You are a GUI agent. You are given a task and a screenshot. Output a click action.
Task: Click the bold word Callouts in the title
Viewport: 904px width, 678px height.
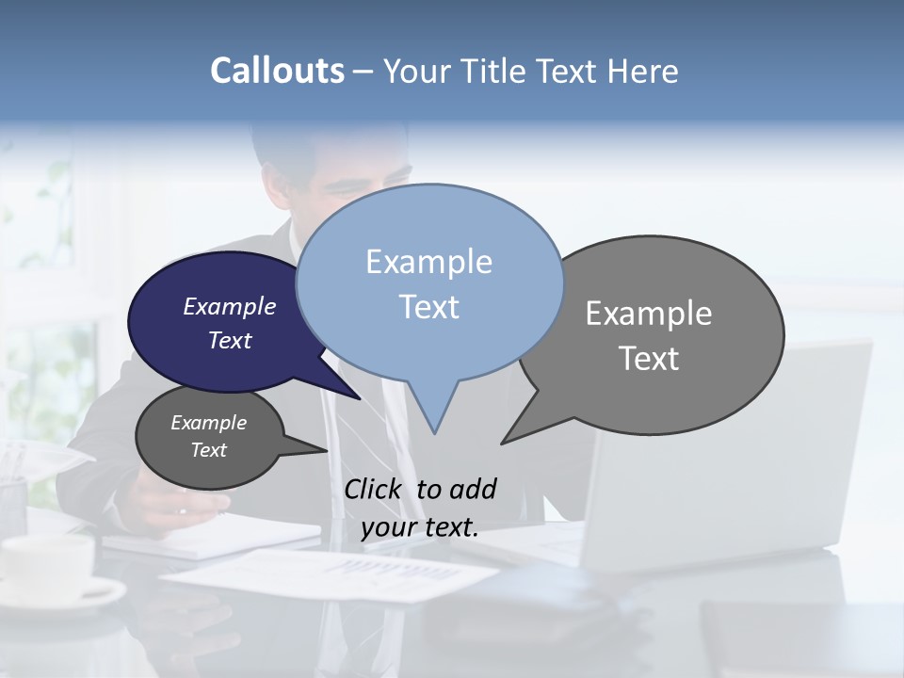click(x=277, y=71)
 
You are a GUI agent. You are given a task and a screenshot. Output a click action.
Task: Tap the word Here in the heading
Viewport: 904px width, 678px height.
click(x=644, y=71)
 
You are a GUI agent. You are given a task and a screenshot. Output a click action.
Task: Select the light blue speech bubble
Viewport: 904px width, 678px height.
click(x=429, y=282)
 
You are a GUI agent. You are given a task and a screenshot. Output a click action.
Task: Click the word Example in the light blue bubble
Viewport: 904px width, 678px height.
click(x=428, y=262)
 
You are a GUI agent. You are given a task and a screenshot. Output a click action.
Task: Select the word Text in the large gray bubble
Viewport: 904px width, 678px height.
click(x=649, y=359)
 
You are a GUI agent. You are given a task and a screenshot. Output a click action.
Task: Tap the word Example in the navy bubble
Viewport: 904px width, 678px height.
click(x=229, y=307)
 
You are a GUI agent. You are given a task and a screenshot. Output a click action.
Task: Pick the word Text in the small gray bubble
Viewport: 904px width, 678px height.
click(x=208, y=450)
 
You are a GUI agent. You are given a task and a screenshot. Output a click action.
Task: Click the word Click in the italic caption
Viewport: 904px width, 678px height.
click(x=374, y=490)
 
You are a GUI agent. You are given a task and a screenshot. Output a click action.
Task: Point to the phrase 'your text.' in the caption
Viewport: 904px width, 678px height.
click(x=419, y=527)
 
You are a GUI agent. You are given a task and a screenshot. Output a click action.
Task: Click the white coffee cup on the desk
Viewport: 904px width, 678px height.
click(x=52, y=570)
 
